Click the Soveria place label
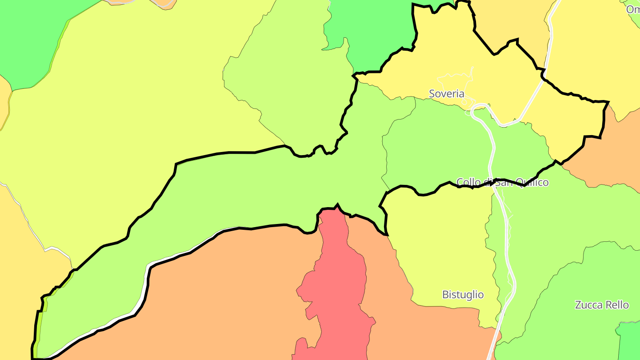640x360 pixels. coord(446,94)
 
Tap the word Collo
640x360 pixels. coord(468,182)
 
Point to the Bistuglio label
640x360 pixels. coord(463,295)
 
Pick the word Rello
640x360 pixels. coord(617,305)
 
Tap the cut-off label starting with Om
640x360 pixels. coord(633,9)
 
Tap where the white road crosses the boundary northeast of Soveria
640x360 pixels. coord(543,77)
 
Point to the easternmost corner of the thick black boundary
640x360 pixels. coord(608,102)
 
